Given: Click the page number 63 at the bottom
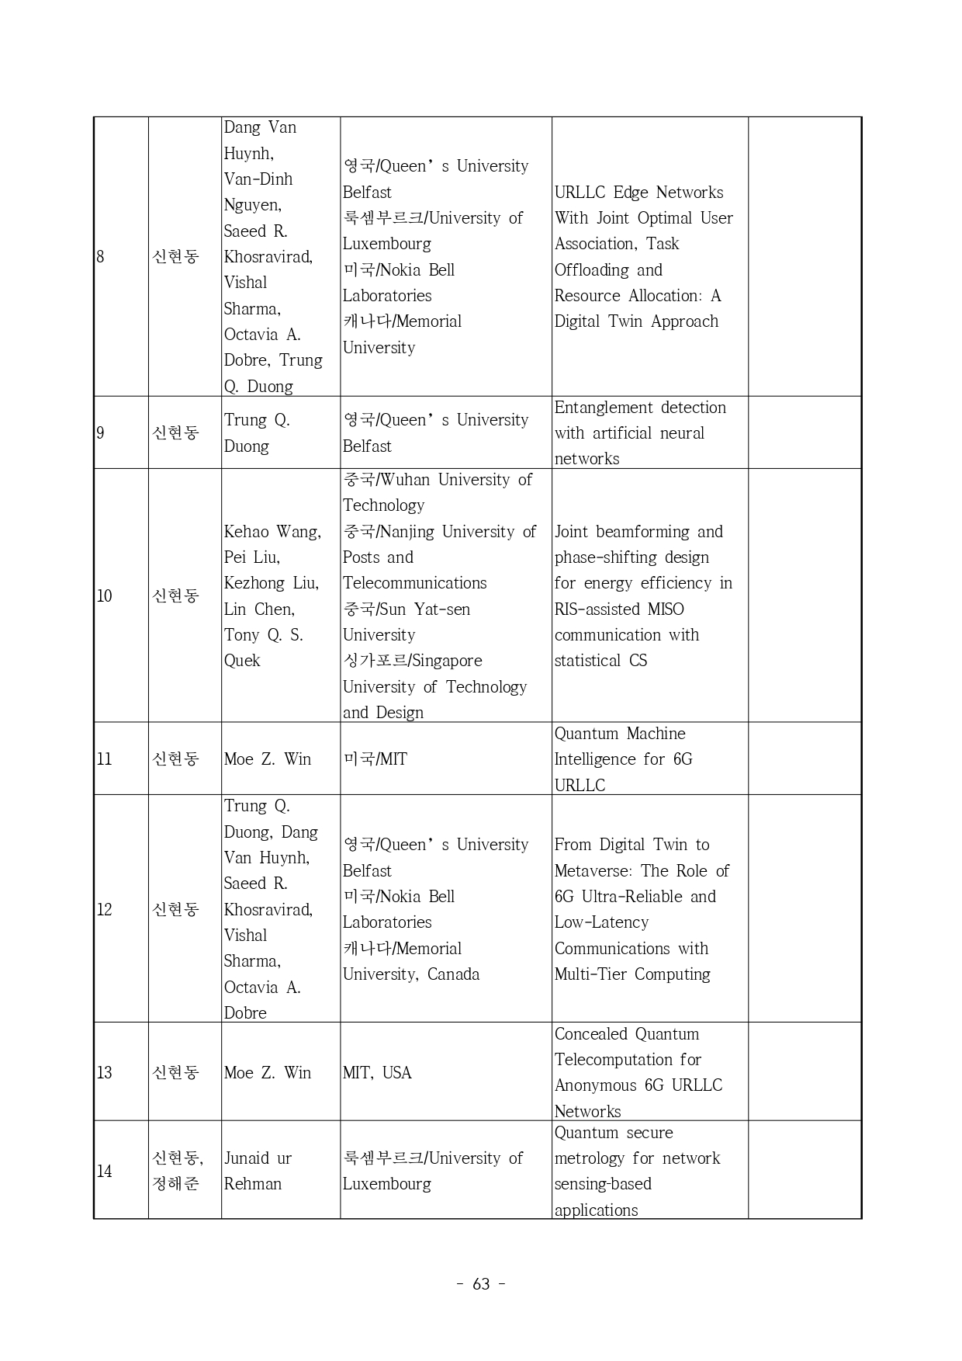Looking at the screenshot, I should coord(481,1284).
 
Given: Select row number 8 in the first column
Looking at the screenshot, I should coord(100,256).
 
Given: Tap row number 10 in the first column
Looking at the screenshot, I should coord(104,595).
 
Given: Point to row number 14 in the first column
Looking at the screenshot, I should coord(104,1171).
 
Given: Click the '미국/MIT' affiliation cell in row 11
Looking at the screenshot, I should coord(375,759).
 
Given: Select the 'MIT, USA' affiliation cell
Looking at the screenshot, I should coord(377,1072).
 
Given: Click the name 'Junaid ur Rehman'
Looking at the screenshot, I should coord(258,1171).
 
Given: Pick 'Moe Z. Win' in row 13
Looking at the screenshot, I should coord(268,1072).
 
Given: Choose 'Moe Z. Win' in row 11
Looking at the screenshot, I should coord(268,759).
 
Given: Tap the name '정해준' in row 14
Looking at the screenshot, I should coord(176,1184).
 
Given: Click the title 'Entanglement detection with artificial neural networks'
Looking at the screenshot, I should coord(640,433).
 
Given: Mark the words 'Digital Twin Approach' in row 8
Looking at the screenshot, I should coord(636,321).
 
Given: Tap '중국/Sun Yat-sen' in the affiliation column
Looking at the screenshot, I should coord(407,609).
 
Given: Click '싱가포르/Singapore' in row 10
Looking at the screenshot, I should coord(413,661).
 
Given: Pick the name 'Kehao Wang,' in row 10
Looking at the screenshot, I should coord(272,532).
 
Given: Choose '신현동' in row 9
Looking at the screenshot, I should coord(176,432).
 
